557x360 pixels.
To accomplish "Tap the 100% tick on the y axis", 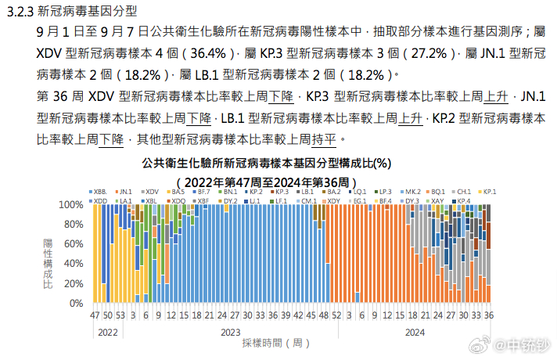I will click(x=71, y=204).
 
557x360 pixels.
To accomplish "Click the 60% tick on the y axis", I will click(x=74, y=243).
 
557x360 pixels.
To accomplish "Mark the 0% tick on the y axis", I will click(x=77, y=303).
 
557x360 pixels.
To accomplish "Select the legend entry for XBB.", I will click(x=101, y=191).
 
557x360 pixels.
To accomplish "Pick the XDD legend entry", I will click(x=100, y=201).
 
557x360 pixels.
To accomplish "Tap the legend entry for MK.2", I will click(x=411, y=191).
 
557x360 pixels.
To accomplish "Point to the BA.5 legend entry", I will click(x=177, y=191).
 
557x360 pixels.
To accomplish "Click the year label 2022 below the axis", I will click(x=108, y=332).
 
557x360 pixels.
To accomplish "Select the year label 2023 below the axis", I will click(x=230, y=332).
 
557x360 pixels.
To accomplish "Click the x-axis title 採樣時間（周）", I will click(x=271, y=343).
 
